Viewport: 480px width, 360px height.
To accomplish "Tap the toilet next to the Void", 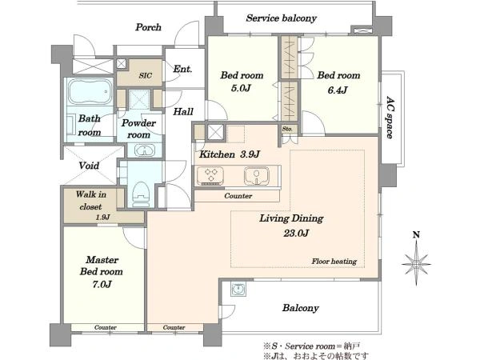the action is pyautogui.click(x=141, y=194).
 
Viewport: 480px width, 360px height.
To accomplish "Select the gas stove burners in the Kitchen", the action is pyautogui.click(x=210, y=175).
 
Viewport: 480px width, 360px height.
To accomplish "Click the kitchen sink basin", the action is pyautogui.click(x=257, y=176).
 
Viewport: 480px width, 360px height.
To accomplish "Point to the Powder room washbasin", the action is pyautogui.click(x=145, y=150).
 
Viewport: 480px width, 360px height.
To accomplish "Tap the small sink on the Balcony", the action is pyautogui.click(x=238, y=289).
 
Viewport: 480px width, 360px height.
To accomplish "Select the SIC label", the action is pyautogui.click(x=145, y=75).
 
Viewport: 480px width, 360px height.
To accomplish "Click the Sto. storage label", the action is pyautogui.click(x=287, y=129).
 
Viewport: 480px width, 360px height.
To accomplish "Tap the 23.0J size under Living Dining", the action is pyautogui.click(x=296, y=234).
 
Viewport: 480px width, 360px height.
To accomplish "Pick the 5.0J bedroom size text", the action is pyautogui.click(x=241, y=88).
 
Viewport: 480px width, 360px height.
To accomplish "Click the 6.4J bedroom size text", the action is pyautogui.click(x=338, y=90).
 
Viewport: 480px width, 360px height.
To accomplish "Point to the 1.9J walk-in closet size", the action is pyautogui.click(x=102, y=217).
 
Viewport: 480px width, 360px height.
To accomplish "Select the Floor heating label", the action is pyautogui.click(x=334, y=261).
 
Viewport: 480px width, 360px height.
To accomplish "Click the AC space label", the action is pyautogui.click(x=389, y=118).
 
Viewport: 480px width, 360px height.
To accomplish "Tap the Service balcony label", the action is pyautogui.click(x=281, y=18).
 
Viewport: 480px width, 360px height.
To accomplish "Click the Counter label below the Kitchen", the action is pyautogui.click(x=238, y=196).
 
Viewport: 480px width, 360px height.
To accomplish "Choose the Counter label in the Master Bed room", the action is pyautogui.click(x=106, y=327).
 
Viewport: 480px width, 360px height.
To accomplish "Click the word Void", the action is pyautogui.click(x=89, y=166).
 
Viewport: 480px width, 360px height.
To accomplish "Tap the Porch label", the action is pyautogui.click(x=149, y=27).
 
